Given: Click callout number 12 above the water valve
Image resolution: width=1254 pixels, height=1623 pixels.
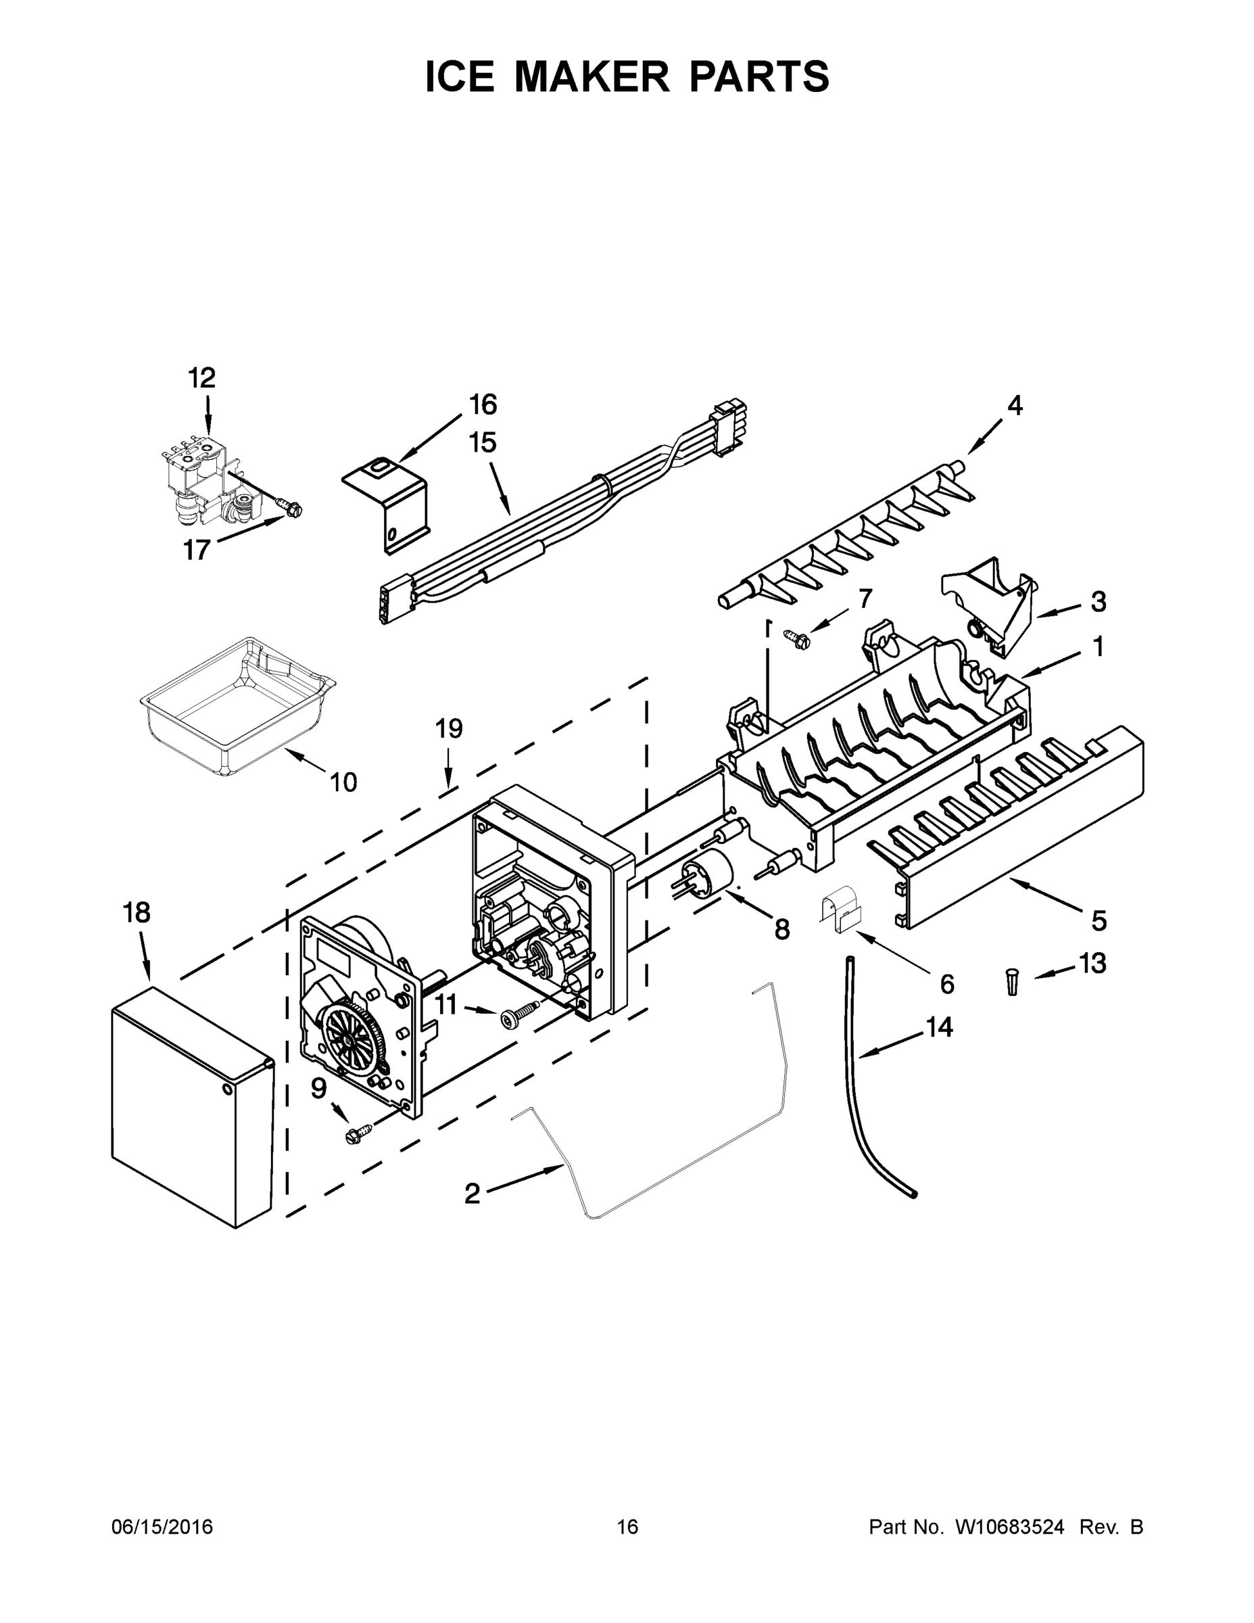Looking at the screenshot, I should (201, 378).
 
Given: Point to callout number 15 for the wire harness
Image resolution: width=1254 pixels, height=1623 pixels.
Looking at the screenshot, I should (482, 443).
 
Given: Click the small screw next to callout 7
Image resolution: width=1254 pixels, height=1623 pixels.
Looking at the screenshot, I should (797, 637).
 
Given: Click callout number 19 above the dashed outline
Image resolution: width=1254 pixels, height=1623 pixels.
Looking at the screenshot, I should (449, 729).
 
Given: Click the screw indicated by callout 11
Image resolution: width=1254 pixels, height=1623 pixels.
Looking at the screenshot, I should (520, 1016).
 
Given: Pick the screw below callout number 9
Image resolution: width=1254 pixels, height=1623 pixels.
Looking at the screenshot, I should (356, 1133).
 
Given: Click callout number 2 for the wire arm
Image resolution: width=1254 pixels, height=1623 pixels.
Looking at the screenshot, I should (473, 1194).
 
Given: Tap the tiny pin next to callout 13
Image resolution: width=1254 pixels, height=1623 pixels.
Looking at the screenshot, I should (1012, 982).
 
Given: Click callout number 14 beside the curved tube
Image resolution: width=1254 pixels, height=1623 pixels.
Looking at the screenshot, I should (939, 1027).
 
